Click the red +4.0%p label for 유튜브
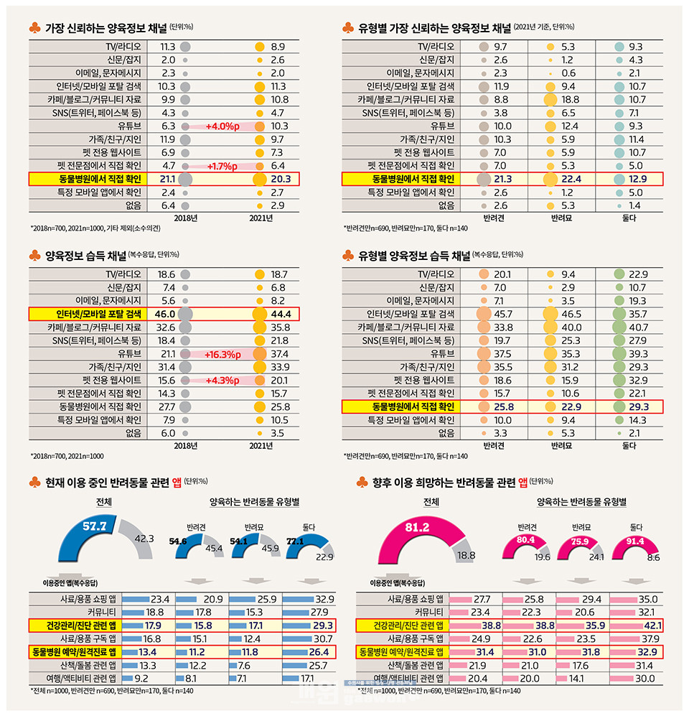[x=222, y=126]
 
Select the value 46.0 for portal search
[x=161, y=313]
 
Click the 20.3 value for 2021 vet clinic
[x=281, y=178]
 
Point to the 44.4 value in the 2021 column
[x=281, y=313]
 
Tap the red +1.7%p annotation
[x=223, y=165]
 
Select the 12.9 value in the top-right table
[x=640, y=178]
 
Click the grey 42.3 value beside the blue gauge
[x=144, y=537]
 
